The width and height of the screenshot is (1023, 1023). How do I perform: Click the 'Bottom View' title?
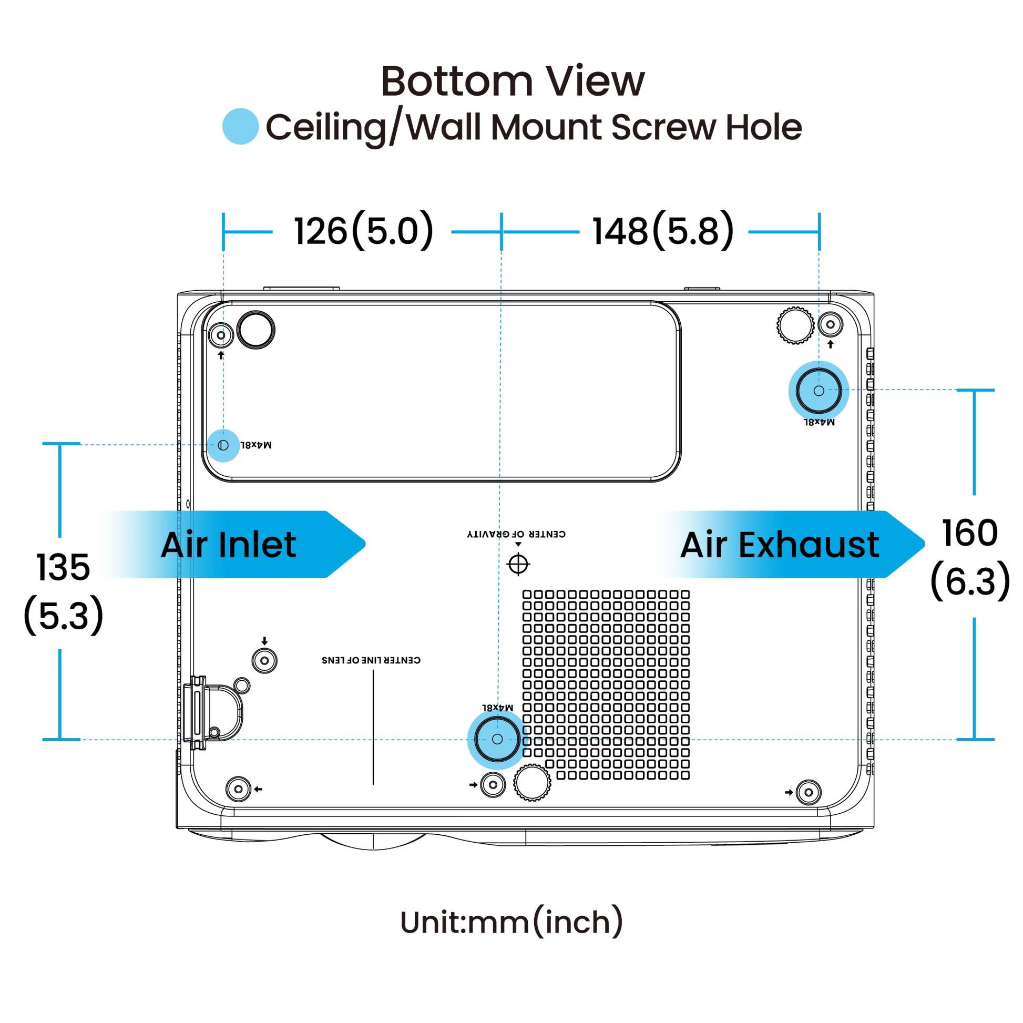(513, 82)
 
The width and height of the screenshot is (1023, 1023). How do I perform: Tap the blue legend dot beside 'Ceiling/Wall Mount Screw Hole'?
(240, 127)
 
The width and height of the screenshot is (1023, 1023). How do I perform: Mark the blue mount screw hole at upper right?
(818, 391)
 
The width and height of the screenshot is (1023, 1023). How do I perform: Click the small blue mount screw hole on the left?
(223, 445)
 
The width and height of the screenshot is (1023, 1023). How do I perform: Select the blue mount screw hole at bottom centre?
(497, 739)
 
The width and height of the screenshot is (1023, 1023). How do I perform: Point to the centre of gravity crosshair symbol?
(519, 565)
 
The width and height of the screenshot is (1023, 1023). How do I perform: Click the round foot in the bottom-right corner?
(807, 792)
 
